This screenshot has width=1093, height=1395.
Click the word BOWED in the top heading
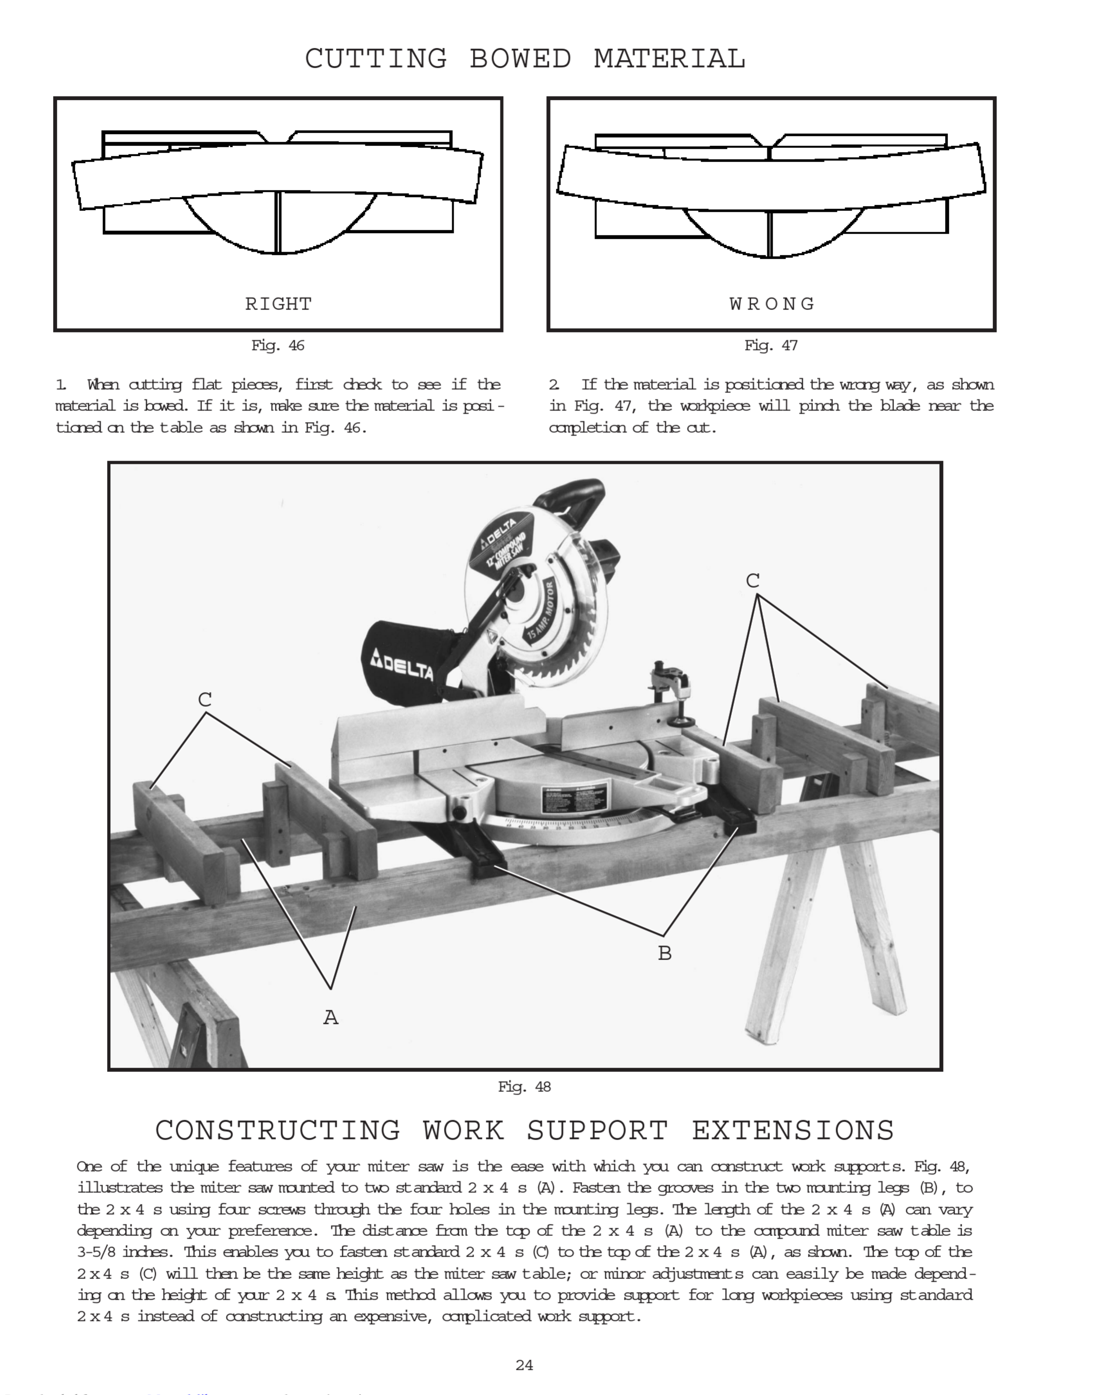coord(520,59)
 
